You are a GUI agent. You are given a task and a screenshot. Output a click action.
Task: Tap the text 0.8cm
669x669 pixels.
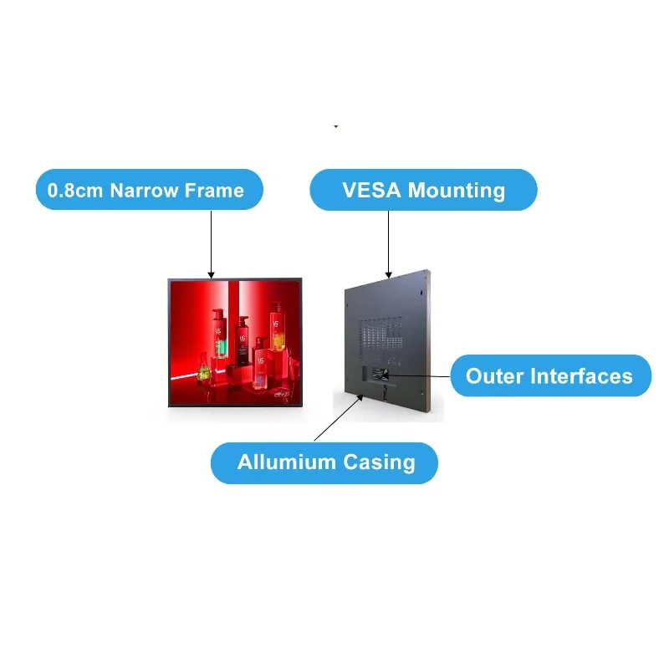click(x=75, y=191)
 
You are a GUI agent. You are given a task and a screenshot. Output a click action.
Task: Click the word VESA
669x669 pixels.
click(x=371, y=191)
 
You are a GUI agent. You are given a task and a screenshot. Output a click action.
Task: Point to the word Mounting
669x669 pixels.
click(x=457, y=192)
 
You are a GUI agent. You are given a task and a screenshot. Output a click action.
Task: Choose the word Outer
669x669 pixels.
click(x=494, y=376)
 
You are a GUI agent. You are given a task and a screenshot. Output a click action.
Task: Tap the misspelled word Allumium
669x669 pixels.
click(x=287, y=462)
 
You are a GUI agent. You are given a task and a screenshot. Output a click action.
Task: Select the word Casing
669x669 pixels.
click(x=380, y=463)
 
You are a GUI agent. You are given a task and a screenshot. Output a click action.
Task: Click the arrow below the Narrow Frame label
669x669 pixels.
click(x=212, y=244)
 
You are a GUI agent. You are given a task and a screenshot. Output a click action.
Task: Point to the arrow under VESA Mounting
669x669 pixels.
click(x=388, y=244)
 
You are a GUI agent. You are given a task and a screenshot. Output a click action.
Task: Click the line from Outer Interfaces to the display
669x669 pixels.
click(x=418, y=376)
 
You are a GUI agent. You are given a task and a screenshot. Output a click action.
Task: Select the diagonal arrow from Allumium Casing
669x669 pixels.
click(x=339, y=417)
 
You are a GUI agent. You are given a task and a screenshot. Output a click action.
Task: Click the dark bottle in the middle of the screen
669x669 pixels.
click(x=243, y=340)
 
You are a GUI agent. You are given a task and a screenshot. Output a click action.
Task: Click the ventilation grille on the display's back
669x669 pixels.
click(x=381, y=341)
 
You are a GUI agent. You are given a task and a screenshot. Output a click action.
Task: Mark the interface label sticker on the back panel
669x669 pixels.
click(x=380, y=374)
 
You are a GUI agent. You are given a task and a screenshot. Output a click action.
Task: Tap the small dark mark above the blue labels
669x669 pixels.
click(x=336, y=126)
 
